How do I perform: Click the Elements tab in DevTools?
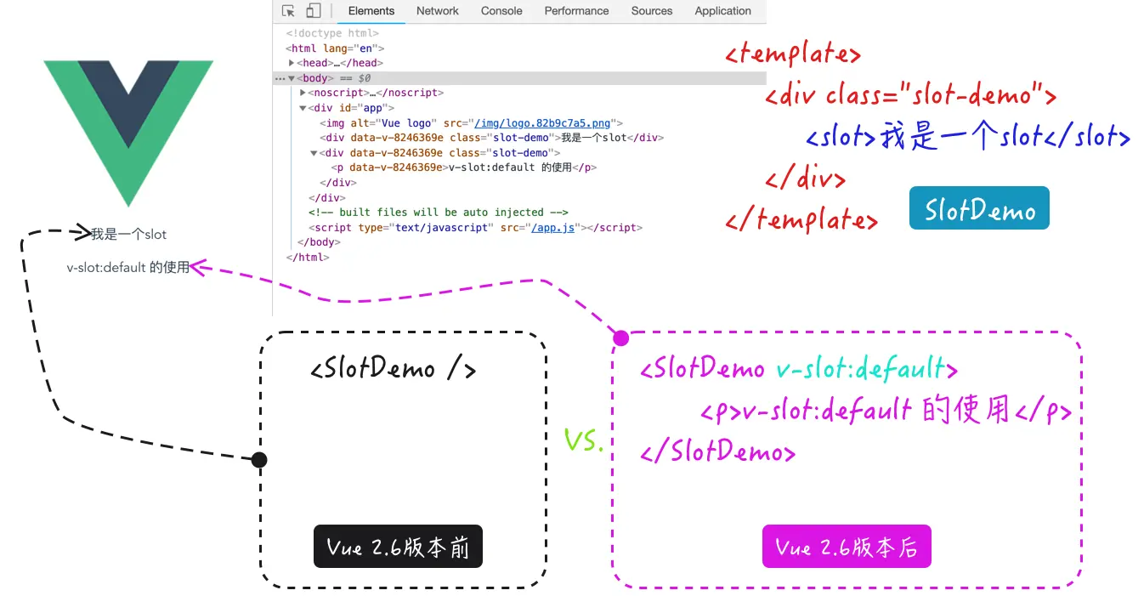pyautogui.click(x=371, y=11)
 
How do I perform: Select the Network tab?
pyautogui.click(x=437, y=11)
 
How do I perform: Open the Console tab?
pyautogui.click(x=501, y=11)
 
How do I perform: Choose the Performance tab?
pyautogui.click(x=576, y=11)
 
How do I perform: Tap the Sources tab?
pyautogui.click(x=652, y=11)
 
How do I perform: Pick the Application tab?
pyautogui.click(x=722, y=11)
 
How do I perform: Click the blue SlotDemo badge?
pyautogui.click(x=979, y=208)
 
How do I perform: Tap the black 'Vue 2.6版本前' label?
pyautogui.click(x=398, y=546)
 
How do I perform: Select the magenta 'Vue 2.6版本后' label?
pyautogui.click(x=847, y=546)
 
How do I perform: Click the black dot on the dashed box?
pyautogui.click(x=260, y=460)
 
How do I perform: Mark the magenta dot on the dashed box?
pyautogui.click(x=621, y=338)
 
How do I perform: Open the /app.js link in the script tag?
pyautogui.click(x=553, y=228)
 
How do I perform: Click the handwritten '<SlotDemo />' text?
pyautogui.click(x=393, y=369)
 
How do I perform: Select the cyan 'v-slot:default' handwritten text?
pyautogui.click(x=860, y=369)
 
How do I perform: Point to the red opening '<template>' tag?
pyautogui.click(x=793, y=55)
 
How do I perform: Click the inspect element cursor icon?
pyautogui.click(x=289, y=11)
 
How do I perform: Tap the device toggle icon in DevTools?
pyautogui.click(x=313, y=11)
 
